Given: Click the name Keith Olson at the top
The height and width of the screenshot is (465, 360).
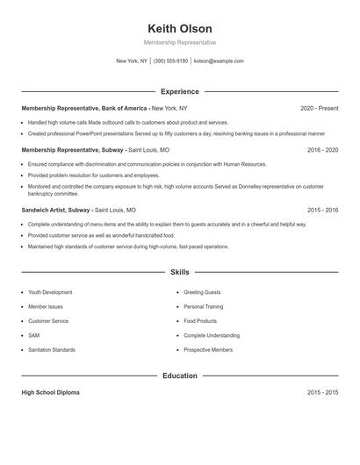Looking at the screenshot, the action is (x=180, y=28).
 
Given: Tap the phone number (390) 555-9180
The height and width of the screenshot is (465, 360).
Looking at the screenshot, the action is (x=170, y=61).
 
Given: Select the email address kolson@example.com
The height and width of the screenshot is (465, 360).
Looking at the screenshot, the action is (x=219, y=61).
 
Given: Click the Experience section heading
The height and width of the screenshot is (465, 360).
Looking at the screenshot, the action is (x=180, y=91).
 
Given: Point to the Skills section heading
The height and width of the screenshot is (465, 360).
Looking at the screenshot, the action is (x=180, y=273).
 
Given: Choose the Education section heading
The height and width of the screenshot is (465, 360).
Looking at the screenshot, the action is (x=180, y=376).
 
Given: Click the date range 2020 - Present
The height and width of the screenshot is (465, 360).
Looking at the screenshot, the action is (x=319, y=108).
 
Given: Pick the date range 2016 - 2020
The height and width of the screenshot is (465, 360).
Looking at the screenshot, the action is (x=322, y=150).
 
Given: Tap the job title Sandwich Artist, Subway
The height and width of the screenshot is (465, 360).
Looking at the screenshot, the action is (x=55, y=211).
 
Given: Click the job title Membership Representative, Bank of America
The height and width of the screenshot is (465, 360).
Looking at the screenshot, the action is (x=83, y=108).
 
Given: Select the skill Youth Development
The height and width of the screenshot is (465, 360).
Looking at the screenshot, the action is (x=50, y=291).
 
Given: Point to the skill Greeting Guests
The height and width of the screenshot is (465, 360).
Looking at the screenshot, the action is (x=202, y=291).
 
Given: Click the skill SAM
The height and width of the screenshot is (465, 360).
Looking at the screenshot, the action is (x=34, y=335).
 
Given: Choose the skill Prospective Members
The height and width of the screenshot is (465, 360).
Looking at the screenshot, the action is (x=208, y=349).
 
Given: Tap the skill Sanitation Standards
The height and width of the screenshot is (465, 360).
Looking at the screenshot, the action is (x=52, y=349).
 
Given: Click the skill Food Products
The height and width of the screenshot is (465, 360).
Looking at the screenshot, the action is (x=200, y=320).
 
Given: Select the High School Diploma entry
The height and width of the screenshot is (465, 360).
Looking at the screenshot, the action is (x=50, y=392).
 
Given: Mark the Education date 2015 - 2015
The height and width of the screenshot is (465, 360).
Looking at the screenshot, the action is (x=322, y=392).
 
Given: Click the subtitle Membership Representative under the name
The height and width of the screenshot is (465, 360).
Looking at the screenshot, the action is (x=180, y=42).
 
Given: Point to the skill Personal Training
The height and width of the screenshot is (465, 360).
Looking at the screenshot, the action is (x=204, y=306).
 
